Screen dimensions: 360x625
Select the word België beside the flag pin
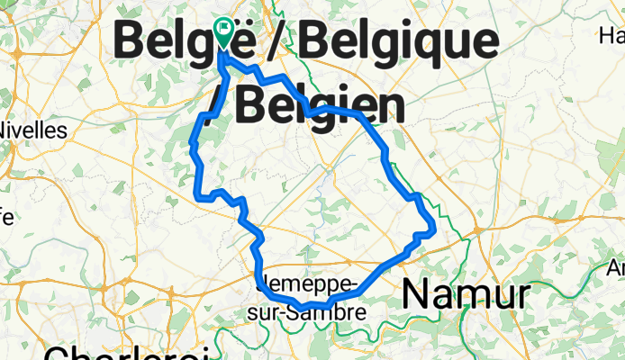171,40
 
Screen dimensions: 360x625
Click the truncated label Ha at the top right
611,37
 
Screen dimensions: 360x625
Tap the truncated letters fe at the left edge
6,217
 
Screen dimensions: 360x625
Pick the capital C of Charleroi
56,353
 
